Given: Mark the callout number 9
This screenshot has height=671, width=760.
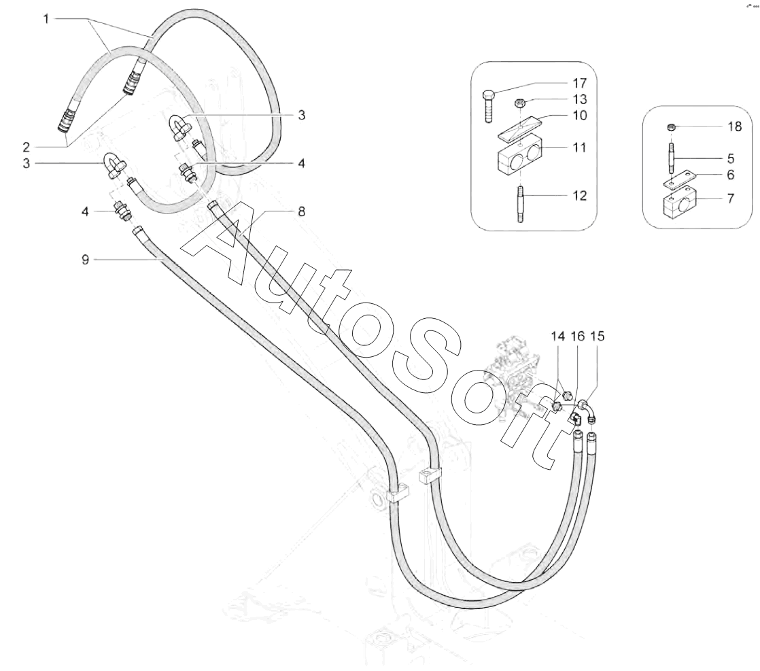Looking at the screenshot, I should coord(86,259).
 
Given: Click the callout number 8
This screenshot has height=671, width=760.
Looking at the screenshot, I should coord(300,211).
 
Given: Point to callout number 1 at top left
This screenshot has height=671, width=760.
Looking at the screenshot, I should coord(46,18).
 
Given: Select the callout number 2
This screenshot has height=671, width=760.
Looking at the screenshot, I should coord(46,145).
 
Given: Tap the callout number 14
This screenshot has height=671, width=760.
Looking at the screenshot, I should coord(558,336).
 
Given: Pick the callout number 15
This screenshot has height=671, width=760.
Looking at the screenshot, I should coord(598,336).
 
